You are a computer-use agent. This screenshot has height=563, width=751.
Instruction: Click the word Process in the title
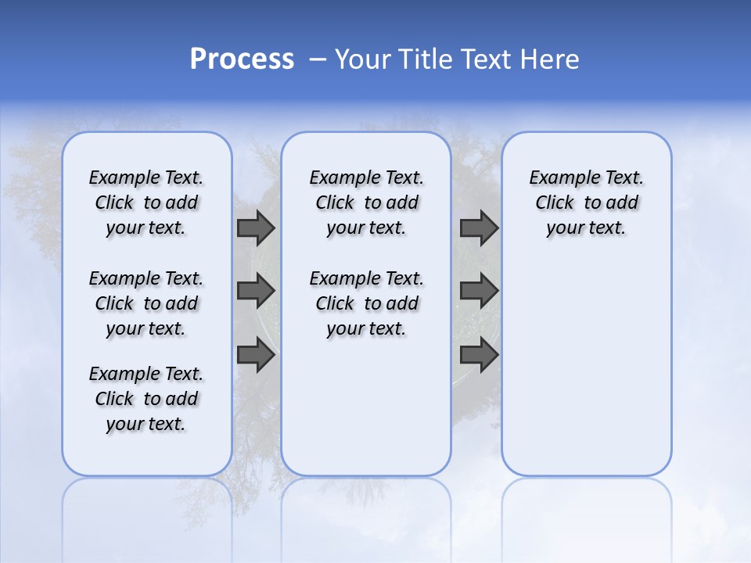pos(242,59)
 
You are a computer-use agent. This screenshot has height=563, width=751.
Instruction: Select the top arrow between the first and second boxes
pos(256,228)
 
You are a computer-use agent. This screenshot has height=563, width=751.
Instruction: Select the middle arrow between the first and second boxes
pos(256,292)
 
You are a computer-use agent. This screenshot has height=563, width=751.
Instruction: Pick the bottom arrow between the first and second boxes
pos(256,356)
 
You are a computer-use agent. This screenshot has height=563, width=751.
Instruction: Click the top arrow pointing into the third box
pos(479,228)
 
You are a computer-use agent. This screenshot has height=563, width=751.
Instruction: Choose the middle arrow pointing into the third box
pos(479,292)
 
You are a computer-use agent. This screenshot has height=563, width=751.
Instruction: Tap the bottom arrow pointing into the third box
pos(479,356)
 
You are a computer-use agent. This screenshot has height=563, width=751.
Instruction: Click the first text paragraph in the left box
pos(146,203)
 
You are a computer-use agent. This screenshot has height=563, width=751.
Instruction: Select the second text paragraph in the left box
pos(146,303)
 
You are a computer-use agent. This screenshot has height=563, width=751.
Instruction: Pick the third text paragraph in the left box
pos(146,399)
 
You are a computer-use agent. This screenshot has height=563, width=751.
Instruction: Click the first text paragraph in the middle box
pos(366,203)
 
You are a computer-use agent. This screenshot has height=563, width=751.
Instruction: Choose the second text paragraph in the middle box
pos(366,303)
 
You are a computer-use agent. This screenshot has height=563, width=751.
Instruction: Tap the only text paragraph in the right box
pos(586,203)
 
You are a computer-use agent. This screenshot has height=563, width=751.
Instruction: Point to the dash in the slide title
pos(318,59)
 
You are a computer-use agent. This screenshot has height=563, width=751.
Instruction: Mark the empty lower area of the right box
pos(586,360)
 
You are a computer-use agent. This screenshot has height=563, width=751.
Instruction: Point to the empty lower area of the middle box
pos(366,407)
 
